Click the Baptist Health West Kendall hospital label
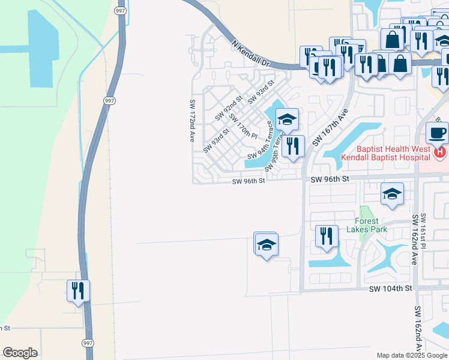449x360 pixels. [385, 153]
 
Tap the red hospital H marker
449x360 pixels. [440, 153]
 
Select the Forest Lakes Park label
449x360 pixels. [370, 225]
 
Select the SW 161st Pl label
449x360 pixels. [423, 231]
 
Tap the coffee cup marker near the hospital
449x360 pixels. [436, 133]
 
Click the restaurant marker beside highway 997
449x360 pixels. [78, 291]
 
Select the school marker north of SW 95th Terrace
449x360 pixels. [287, 119]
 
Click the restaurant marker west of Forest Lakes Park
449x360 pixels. [327, 236]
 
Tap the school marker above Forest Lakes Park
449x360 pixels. [392, 194]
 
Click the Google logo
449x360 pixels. [20, 352]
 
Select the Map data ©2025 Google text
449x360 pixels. [412, 355]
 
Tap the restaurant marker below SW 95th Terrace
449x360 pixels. [293, 146]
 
